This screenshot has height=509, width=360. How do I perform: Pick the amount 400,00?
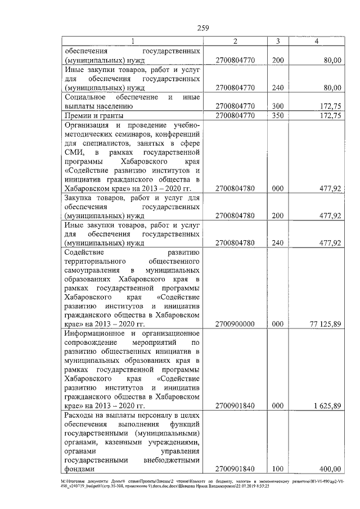329,469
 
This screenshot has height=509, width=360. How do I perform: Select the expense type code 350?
277,116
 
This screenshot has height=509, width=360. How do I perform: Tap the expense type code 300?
277,106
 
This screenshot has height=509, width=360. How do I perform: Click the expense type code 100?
277,469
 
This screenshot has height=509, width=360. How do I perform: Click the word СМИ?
74,152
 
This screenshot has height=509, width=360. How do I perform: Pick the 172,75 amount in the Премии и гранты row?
329,116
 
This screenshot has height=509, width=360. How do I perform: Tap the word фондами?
79,469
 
